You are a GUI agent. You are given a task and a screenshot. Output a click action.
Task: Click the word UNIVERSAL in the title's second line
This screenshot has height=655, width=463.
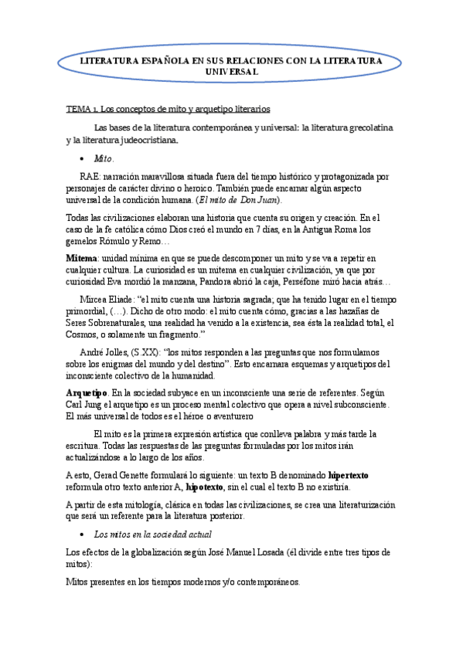tap(231, 71)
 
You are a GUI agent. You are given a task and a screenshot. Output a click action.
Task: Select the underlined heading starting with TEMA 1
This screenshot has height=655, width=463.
tap(167, 109)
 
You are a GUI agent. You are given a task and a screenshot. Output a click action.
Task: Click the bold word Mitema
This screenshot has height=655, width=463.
tap(82, 258)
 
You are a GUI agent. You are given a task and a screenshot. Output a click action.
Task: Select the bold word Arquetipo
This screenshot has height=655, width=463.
tap(87, 393)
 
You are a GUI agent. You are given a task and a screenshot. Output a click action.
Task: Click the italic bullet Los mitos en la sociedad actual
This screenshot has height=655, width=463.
tap(152, 535)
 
